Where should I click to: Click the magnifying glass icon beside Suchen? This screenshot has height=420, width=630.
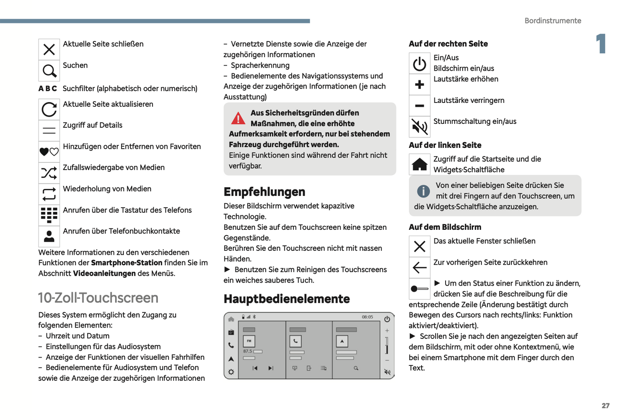[x=49, y=71]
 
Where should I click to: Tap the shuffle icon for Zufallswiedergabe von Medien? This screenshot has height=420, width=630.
[x=49, y=173]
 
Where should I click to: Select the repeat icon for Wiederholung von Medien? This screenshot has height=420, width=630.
[x=49, y=194]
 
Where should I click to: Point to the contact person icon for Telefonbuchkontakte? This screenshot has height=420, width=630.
[x=49, y=236]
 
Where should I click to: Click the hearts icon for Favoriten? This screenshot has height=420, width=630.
[x=49, y=152]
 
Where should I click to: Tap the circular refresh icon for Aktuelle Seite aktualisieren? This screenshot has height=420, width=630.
[x=49, y=109]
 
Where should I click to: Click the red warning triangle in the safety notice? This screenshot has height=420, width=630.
[x=238, y=118]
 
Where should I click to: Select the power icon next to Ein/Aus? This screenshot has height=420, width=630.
[x=419, y=64]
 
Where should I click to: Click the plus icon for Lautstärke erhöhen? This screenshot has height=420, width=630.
[x=419, y=85]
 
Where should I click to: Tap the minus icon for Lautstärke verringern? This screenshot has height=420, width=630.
[x=419, y=106]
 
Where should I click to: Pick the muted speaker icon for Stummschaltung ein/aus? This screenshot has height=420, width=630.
[x=419, y=127]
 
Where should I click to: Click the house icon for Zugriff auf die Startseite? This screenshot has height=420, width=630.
[x=419, y=164]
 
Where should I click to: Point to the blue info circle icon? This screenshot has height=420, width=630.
[x=423, y=191]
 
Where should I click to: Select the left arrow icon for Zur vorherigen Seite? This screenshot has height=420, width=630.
[x=419, y=267]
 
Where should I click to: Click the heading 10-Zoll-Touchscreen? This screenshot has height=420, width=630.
[x=98, y=298]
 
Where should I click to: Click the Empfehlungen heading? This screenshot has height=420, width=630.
[x=264, y=192]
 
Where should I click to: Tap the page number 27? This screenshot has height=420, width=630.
[x=606, y=406]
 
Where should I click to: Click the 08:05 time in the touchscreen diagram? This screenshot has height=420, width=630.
[x=367, y=317]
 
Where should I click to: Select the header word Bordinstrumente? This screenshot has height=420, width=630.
[x=552, y=20]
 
